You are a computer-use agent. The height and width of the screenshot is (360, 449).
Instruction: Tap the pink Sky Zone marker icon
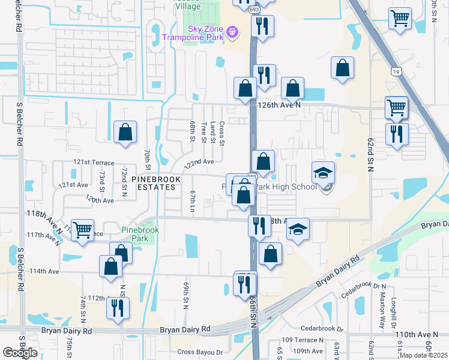(233, 31)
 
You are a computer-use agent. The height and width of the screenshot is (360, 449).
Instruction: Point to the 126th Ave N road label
(278, 104)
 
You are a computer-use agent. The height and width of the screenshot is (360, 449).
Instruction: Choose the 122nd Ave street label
(199, 163)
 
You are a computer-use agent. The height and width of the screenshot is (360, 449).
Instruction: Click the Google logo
(20, 352)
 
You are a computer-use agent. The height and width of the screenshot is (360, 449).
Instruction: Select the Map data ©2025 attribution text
(423, 355)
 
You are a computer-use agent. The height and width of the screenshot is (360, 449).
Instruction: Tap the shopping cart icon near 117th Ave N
(82, 230)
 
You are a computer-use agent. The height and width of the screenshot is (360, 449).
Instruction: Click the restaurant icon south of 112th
(117, 308)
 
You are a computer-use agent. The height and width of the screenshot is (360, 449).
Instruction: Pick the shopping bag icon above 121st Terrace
(125, 133)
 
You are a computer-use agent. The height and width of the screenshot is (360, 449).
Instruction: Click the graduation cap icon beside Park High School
(323, 173)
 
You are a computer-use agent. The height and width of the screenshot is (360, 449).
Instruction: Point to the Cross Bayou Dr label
(200, 352)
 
